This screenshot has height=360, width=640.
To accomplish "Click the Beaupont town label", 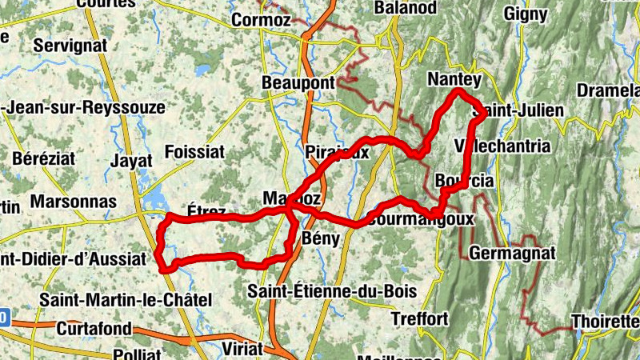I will coord(298,83).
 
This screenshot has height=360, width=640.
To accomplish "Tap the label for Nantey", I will coord(454,80).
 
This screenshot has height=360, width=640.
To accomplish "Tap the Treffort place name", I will coord(419,318).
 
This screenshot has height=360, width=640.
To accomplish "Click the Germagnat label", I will coord(512,253).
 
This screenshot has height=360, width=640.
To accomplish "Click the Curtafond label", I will coord(95,328).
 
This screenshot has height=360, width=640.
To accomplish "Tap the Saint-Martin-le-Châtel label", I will coord(126,300).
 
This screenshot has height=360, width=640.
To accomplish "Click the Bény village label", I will coord(322,238).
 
